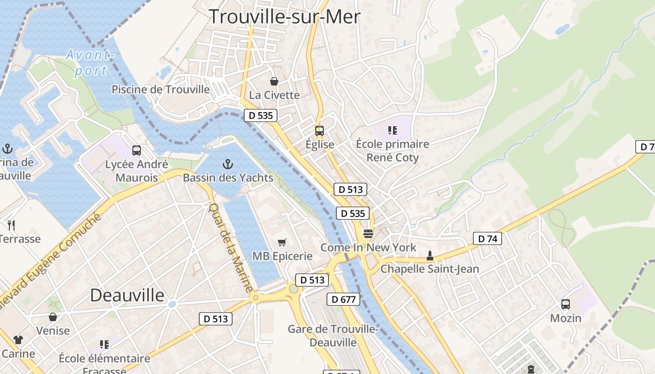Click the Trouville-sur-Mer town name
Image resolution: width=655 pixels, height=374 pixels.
(x=284, y=17)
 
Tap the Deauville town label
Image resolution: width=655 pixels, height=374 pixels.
(x=127, y=295)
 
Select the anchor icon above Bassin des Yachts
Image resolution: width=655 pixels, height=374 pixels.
(x=227, y=164)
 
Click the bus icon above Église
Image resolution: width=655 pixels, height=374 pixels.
(x=320, y=131)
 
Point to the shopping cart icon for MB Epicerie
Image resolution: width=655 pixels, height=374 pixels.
(x=282, y=242)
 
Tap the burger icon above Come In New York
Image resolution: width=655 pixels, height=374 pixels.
(x=368, y=233)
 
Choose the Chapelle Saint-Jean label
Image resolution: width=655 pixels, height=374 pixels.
(x=429, y=269)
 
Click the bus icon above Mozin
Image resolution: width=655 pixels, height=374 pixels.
(x=566, y=304)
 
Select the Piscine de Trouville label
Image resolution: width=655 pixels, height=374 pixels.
(x=160, y=89)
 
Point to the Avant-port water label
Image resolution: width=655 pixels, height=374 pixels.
(x=90, y=63)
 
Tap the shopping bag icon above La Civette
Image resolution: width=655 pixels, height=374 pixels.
(x=274, y=81)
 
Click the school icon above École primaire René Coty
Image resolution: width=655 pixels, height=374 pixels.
(x=392, y=130)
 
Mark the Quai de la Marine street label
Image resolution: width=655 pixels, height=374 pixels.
(x=231, y=247)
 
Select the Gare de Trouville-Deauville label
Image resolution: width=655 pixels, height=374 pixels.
(x=333, y=336)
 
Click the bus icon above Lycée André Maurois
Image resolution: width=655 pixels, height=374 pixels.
(x=137, y=151)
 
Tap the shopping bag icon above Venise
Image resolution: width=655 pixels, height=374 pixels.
(x=53, y=317)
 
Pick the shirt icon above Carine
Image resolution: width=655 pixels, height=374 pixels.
(x=18, y=339)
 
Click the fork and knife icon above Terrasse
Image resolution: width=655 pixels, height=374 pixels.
(x=12, y=225)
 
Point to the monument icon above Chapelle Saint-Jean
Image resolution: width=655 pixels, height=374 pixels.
(x=429, y=256)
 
